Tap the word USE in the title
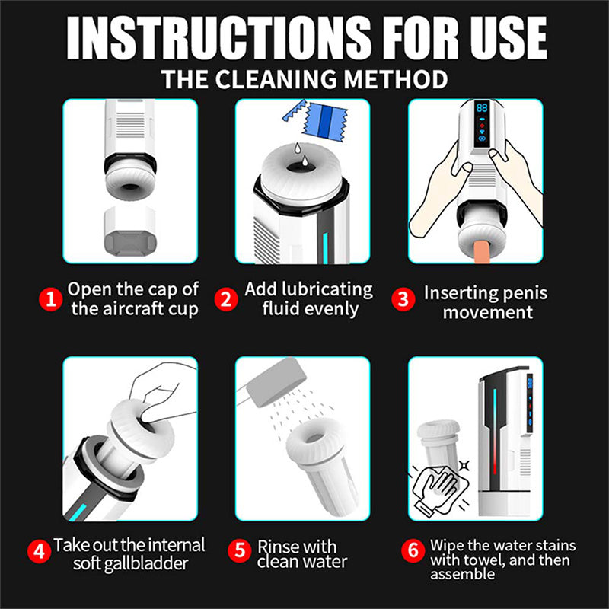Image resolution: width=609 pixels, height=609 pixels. click(x=498, y=37)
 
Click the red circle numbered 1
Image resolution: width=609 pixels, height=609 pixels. click(x=50, y=299)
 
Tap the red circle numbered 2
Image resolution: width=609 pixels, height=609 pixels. click(x=225, y=299)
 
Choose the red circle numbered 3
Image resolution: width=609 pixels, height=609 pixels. click(x=403, y=299)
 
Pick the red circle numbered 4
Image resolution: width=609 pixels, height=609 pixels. click(x=40, y=550)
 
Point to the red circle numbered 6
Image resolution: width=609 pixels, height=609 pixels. click(x=413, y=550)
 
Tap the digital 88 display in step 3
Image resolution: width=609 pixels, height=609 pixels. click(x=481, y=109)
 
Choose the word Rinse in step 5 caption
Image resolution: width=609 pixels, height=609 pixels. click(x=277, y=547)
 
